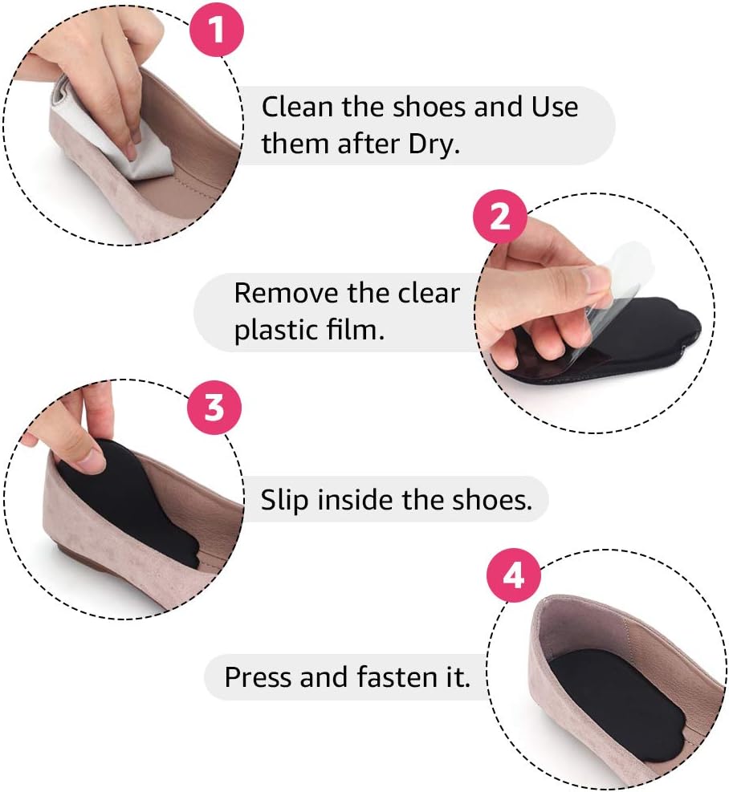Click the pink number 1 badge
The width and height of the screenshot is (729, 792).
pyautogui.click(x=217, y=30)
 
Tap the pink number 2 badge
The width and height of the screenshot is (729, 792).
pyautogui.click(x=500, y=217)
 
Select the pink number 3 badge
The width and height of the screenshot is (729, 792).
pyautogui.click(x=214, y=407)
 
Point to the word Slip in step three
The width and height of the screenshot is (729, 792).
pyautogui.click(x=283, y=500)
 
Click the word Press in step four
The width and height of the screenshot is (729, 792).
pyautogui.click(x=258, y=677)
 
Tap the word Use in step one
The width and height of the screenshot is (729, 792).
pyautogui.click(x=555, y=107)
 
